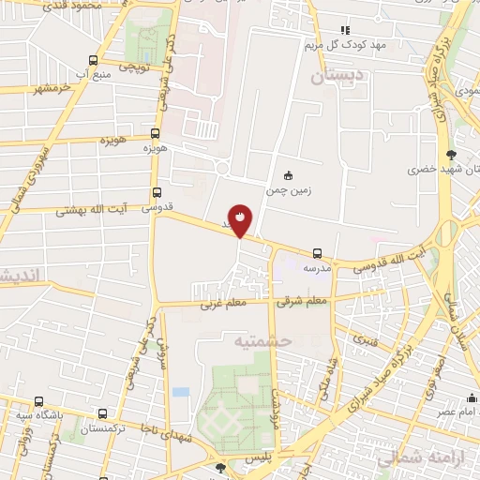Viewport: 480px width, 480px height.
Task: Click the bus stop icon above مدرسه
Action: pyautogui.click(x=317, y=253)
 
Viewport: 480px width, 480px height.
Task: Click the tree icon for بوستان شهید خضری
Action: pyautogui.click(x=453, y=156)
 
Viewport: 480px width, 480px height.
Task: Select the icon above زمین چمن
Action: pyautogui.click(x=288, y=174)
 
